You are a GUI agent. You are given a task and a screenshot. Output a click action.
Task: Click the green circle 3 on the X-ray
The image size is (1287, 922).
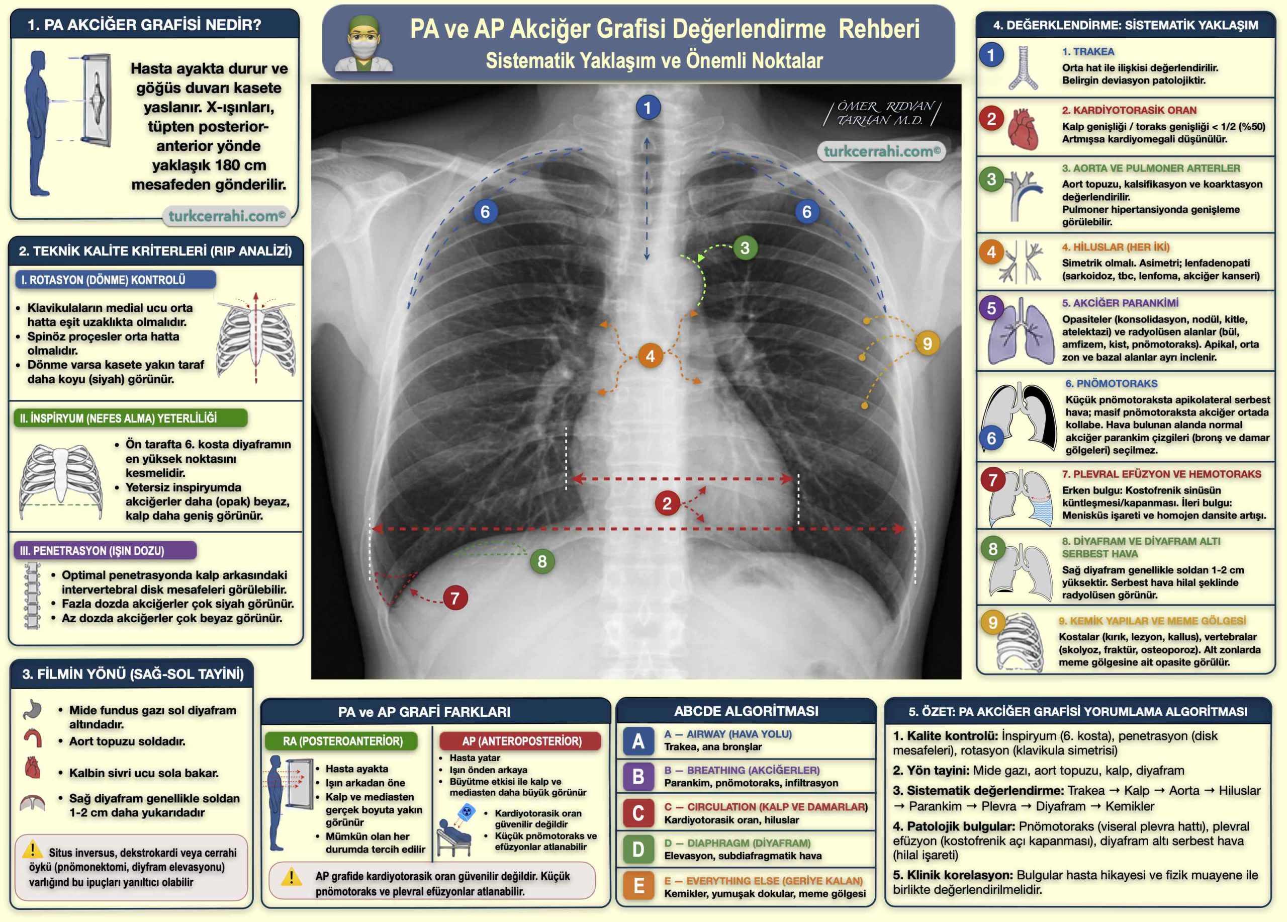745,247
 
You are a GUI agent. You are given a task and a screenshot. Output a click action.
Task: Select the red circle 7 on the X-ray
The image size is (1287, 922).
455,598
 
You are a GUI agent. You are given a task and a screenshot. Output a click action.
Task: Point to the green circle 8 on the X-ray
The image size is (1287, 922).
542,561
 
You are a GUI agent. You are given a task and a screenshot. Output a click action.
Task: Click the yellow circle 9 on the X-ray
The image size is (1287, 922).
927,344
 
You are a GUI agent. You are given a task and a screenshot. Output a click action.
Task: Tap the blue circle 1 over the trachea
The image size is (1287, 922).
648,108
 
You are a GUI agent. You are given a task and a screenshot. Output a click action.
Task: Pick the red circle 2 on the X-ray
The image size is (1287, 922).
667,503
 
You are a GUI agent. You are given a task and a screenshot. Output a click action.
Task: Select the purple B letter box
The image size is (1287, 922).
638,776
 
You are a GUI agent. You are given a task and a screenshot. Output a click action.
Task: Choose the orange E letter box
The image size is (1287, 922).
638,886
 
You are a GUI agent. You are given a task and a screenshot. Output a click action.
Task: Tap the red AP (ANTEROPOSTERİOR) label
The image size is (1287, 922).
521,741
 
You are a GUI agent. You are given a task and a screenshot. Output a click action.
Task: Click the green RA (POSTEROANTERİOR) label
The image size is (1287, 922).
342,741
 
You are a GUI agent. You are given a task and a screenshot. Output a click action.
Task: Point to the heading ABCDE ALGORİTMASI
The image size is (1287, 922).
746,711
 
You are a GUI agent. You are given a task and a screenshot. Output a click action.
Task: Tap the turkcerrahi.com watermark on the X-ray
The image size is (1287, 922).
881,151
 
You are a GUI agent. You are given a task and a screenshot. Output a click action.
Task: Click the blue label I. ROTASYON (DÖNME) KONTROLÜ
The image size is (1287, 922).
114,280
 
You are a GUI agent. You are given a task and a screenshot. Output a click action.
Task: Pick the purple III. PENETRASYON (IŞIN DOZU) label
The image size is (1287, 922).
105,550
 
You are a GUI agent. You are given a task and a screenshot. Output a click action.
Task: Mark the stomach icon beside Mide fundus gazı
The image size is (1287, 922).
33,709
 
